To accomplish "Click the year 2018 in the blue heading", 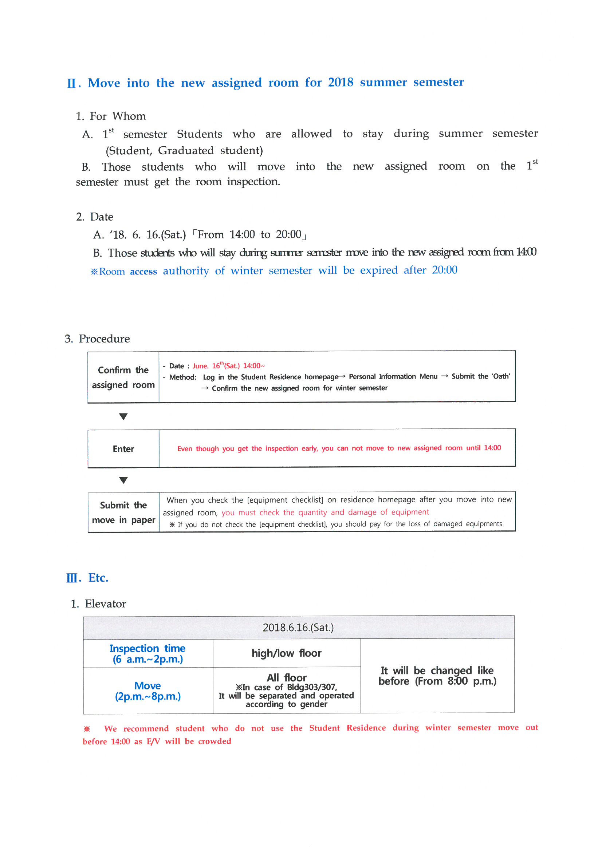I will pyautogui.click(x=340, y=82).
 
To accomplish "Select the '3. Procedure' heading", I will pyautogui.click(x=97, y=339).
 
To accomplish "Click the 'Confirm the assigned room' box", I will pyautogui.click(x=123, y=377).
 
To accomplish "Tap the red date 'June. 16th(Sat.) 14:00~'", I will pyautogui.click(x=228, y=366).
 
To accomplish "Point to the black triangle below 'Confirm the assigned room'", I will pyautogui.click(x=123, y=417).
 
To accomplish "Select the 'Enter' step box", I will pyautogui.click(x=123, y=449).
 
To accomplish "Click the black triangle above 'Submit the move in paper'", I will pyautogui.click(x=123, y=480).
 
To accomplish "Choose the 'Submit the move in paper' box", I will pyautogui.click(x=123, y=512).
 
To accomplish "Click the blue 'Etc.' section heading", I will pyautogui.click(x=98, y=578).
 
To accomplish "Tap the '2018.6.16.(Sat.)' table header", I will pyautogui.click(x=298, y=628).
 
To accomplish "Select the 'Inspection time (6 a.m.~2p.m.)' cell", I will pyautogui.click(x=147, y=654).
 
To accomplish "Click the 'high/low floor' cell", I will pyautogui.click(x=286, y=653).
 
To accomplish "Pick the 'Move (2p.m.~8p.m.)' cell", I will pyautogui.click(x=147, y=691).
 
